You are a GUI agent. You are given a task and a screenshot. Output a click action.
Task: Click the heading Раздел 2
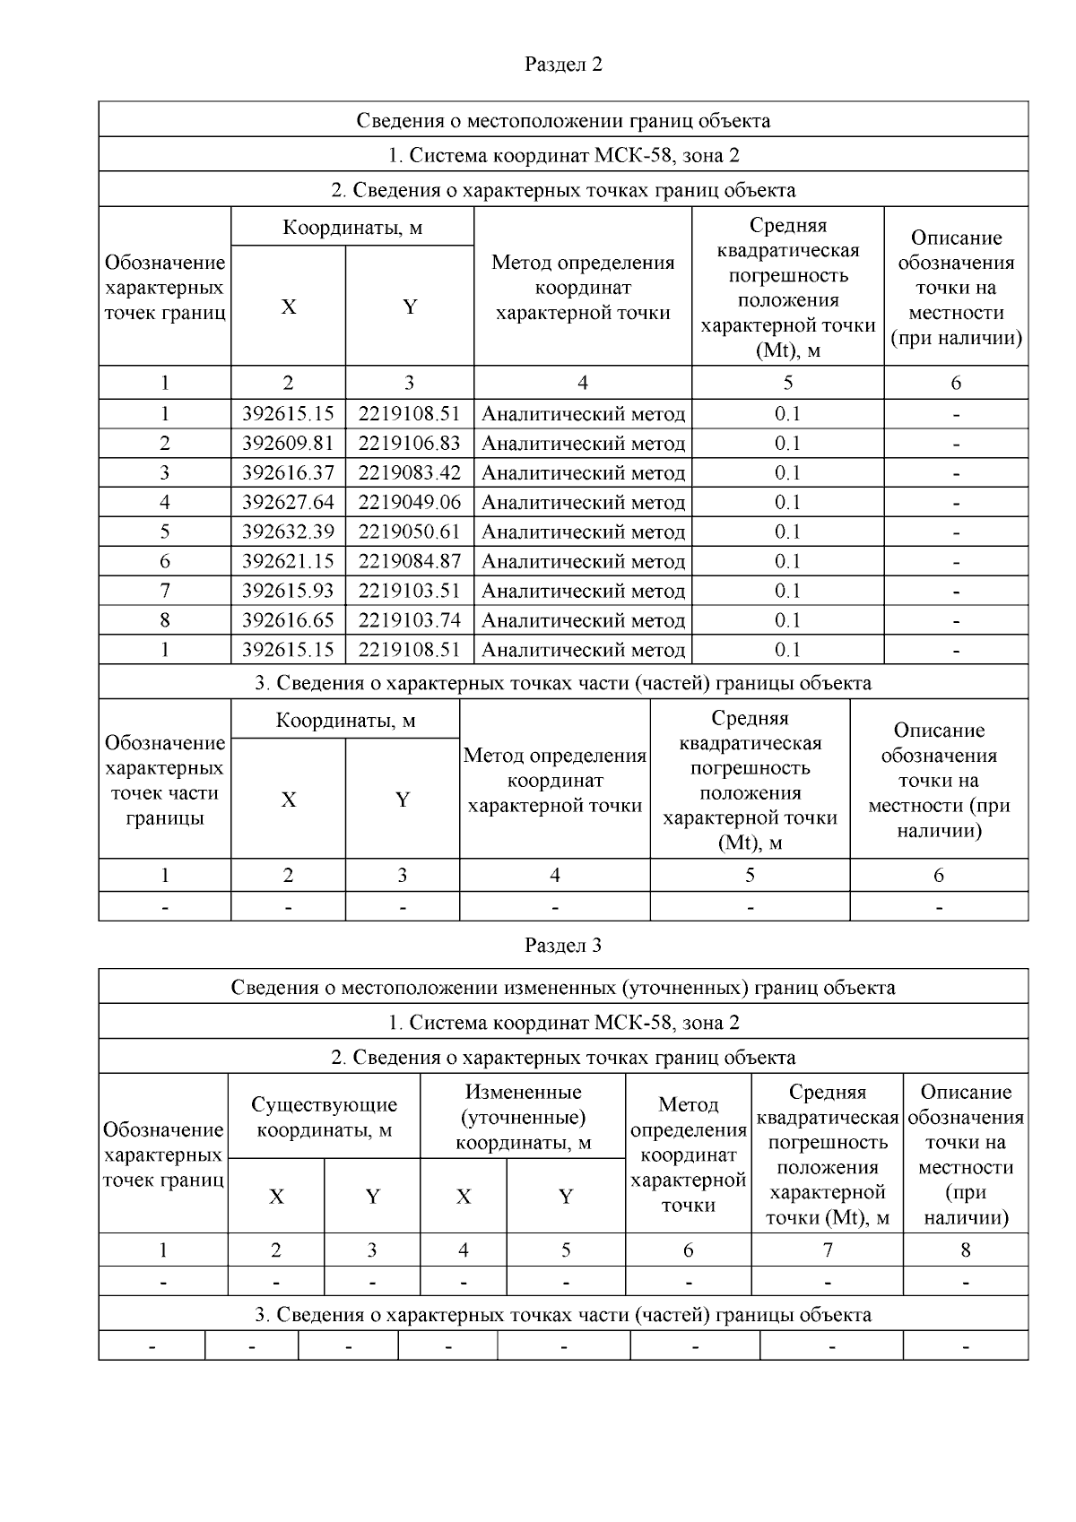[563, 65]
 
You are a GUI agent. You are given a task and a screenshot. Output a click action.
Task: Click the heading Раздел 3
[563, 946]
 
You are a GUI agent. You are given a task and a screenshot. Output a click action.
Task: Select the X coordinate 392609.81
[288, 444]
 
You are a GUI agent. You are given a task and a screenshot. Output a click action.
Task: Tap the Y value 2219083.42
[409, 473]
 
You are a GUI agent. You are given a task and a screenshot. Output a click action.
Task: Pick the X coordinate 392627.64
[288, 503]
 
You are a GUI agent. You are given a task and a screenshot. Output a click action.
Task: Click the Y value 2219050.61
[409, 532]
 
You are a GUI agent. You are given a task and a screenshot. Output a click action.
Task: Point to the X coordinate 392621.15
[288, 562]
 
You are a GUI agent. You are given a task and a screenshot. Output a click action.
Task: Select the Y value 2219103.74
[409, 621]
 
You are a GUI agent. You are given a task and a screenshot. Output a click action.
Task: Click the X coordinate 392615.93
[288, 592]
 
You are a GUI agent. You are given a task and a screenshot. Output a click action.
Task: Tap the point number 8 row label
[165, 621]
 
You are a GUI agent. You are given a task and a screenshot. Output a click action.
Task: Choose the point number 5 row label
[165, 532]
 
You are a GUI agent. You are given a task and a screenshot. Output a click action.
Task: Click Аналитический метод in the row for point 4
[583, 503]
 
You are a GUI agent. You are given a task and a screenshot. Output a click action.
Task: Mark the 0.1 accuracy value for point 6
[787, 562]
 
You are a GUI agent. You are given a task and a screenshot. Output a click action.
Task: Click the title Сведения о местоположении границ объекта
[563, 120]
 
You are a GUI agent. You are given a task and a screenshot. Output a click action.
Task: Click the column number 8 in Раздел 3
[965, 1250]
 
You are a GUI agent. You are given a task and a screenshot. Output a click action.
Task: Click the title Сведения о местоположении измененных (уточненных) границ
[563, 988]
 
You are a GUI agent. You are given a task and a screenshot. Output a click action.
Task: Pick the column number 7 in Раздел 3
[827, 1250]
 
